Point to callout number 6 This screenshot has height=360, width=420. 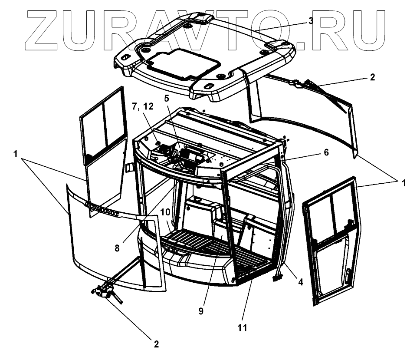[x=326, y=152]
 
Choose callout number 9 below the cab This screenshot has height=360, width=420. [x=201, y=310]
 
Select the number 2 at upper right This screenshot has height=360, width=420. [x=372, y=77]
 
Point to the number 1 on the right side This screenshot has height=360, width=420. [x=404, y=183]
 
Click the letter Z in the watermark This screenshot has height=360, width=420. [x=43, y=28]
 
